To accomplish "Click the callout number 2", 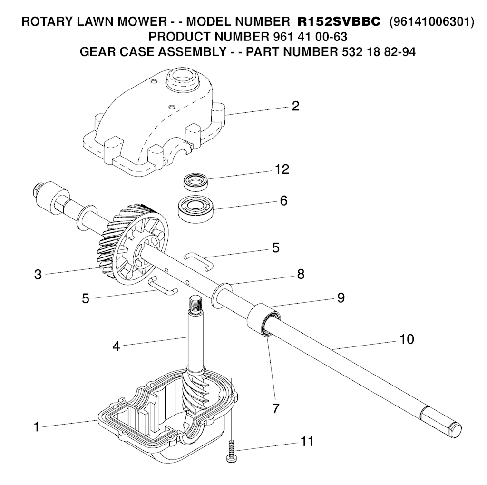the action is click(295, 106).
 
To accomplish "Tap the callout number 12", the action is click(282, 169).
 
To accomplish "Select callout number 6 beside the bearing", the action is click(283, 201).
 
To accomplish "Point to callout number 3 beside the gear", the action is click(38, 275).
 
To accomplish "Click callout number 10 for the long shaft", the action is click(407, 339).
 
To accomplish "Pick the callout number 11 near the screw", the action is click(307, 442).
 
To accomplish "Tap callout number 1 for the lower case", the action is click(37, 427).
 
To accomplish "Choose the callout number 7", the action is click(275, 408).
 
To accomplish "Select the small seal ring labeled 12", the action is click(195, 182).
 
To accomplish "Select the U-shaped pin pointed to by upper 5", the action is click(198, 261).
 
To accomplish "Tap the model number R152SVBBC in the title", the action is click(339, 22).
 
